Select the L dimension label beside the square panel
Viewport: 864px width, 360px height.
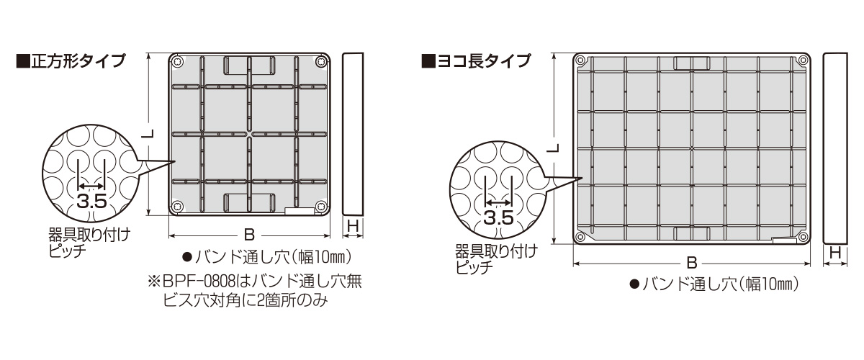(147, 134)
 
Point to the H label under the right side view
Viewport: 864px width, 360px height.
(834, 253)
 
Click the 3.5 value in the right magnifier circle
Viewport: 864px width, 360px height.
(498, 217)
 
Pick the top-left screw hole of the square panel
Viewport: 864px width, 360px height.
(179, 61)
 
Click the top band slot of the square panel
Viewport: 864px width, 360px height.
(249, 66)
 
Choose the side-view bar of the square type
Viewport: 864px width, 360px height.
(352, 133)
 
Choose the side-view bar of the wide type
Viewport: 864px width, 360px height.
(834, 148)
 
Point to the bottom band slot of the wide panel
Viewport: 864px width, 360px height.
(691, 232)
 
